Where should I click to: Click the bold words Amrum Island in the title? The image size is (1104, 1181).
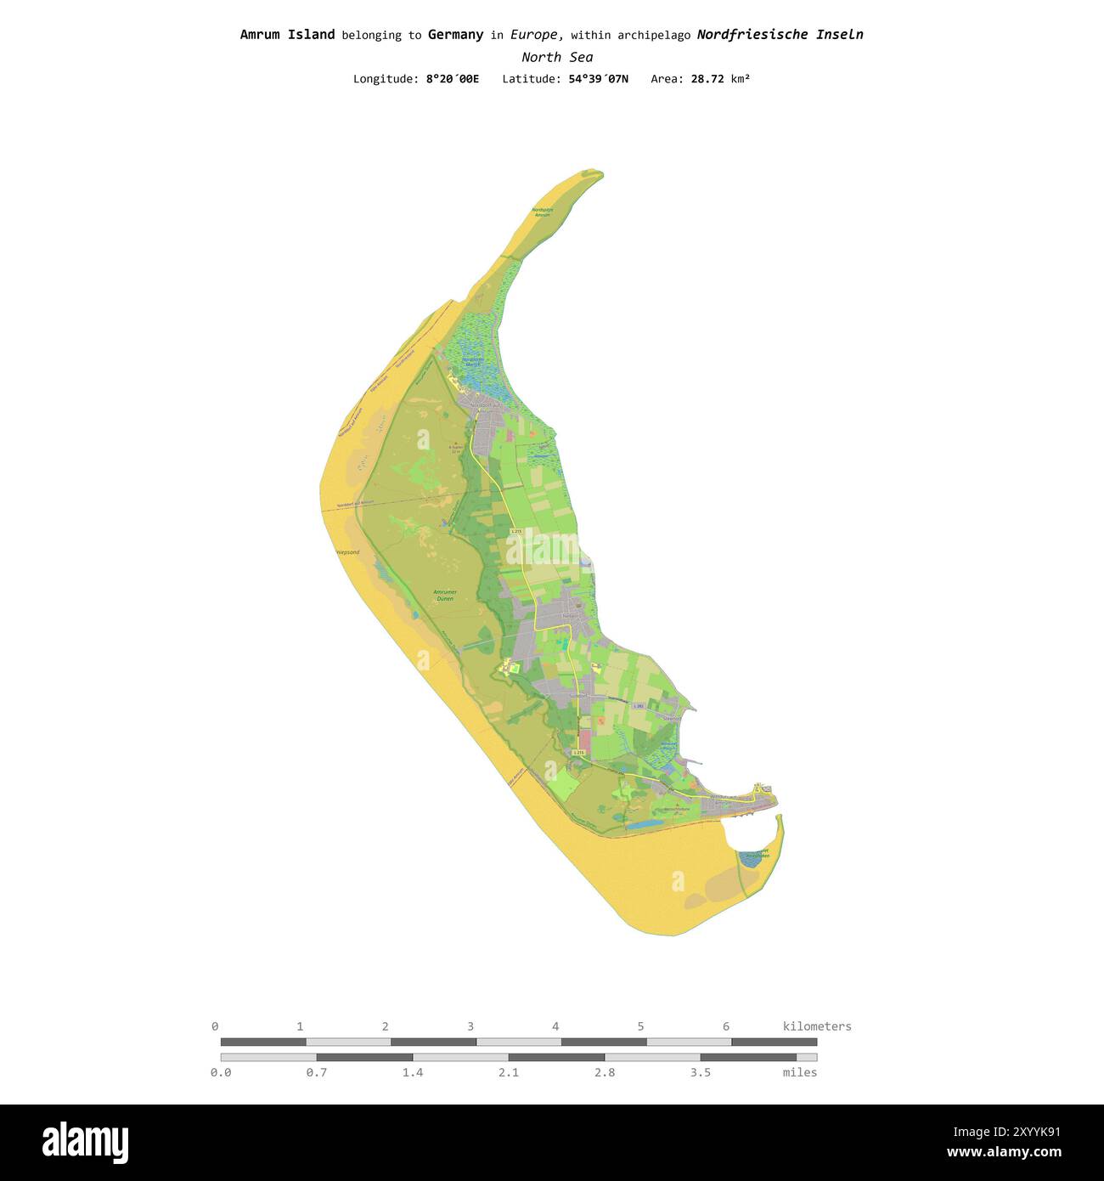click(x=287, y=35)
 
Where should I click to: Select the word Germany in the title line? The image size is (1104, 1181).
click(x=455, y=35)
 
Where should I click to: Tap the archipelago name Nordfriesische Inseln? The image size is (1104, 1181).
click(x=780, y=35)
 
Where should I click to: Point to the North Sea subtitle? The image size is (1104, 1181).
click(x=557, y=57)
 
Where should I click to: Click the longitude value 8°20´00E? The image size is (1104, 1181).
click(x=452, y=79)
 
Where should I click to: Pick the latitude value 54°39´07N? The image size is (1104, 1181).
click(x=599, y=79)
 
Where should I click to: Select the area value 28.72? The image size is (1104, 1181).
click(x=707, y=79)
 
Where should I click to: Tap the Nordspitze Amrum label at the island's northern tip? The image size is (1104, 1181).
click(x=542, y=212)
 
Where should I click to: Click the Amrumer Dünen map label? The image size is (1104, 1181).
click(x=445, y=595)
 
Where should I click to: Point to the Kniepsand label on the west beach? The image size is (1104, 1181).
click(x=346, y=552)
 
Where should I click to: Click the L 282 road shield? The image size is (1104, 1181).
click(x=639, y=706)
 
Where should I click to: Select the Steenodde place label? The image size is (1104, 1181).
click(x=672, y=719)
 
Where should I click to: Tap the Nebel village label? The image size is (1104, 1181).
click(x=569, y=616)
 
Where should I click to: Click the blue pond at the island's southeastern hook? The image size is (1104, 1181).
click(x=750, y=860)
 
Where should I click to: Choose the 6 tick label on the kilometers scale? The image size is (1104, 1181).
click(x=726, y=1026)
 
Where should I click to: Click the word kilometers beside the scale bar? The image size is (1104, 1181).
click(x=817, y=1026)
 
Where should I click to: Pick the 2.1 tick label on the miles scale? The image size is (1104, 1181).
click(x=509, y=1072)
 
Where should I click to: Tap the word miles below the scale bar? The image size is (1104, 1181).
click(x=800, y=1072)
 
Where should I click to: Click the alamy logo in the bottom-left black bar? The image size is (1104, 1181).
click(x=85, y=1143)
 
